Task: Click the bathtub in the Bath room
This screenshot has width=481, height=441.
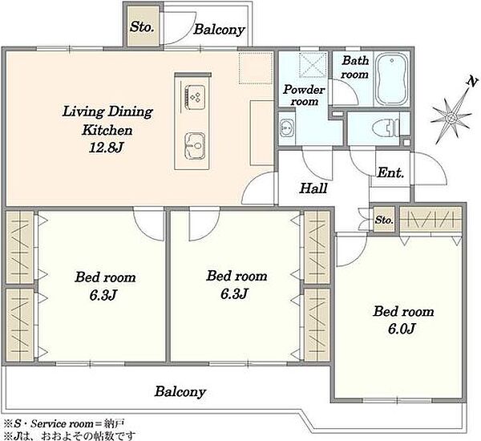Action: [392, 79]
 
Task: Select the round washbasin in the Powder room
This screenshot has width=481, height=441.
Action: [286, 128]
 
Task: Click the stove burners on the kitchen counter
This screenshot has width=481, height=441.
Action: [194, 98]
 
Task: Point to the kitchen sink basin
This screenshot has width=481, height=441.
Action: [195, 147]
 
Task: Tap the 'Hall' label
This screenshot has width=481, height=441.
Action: [313, 188]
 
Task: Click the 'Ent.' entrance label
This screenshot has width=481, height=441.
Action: [390, 172]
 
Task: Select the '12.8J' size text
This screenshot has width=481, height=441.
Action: [106, 148]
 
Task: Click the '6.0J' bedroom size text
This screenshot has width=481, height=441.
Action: [402, 330]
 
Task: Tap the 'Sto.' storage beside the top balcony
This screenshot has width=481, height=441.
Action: [141, 26]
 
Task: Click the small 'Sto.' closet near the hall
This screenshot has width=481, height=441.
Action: [384, 220]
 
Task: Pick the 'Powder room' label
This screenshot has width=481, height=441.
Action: [304, 95]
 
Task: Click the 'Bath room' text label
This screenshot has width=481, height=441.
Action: [355, 67]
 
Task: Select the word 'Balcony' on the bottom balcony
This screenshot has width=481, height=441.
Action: [180, 391]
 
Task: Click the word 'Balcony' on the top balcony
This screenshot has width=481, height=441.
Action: [219, 30]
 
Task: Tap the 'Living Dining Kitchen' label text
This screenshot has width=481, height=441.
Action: [107, 120]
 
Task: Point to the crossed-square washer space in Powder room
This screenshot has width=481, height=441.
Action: [313, 65]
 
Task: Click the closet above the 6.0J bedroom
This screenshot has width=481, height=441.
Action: [430, 220]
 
